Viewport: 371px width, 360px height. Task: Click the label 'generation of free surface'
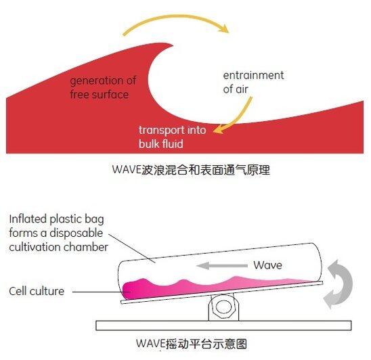tap(103, 87)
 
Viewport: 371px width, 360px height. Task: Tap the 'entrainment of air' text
tap(253, 82)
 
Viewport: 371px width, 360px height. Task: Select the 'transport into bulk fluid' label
tap(172, 137)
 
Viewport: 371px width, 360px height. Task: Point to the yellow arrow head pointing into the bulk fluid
tap(218, 129)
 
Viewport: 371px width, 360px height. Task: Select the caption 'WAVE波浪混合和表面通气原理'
tap(191, 170)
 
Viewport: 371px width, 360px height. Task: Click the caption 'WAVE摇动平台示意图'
tap(192, 344)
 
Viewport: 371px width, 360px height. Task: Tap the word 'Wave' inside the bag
tap(268, 265)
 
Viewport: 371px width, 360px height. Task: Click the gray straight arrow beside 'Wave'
tap(222, 266)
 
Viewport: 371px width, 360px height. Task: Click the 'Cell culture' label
tap(37, 291)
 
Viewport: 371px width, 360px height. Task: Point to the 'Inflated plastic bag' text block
tap(58, 233)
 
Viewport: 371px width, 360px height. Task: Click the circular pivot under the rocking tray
tap(223, 307)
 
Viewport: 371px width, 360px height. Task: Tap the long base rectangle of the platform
tap(223, 325)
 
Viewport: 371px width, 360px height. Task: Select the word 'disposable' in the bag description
tap(77, 233)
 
